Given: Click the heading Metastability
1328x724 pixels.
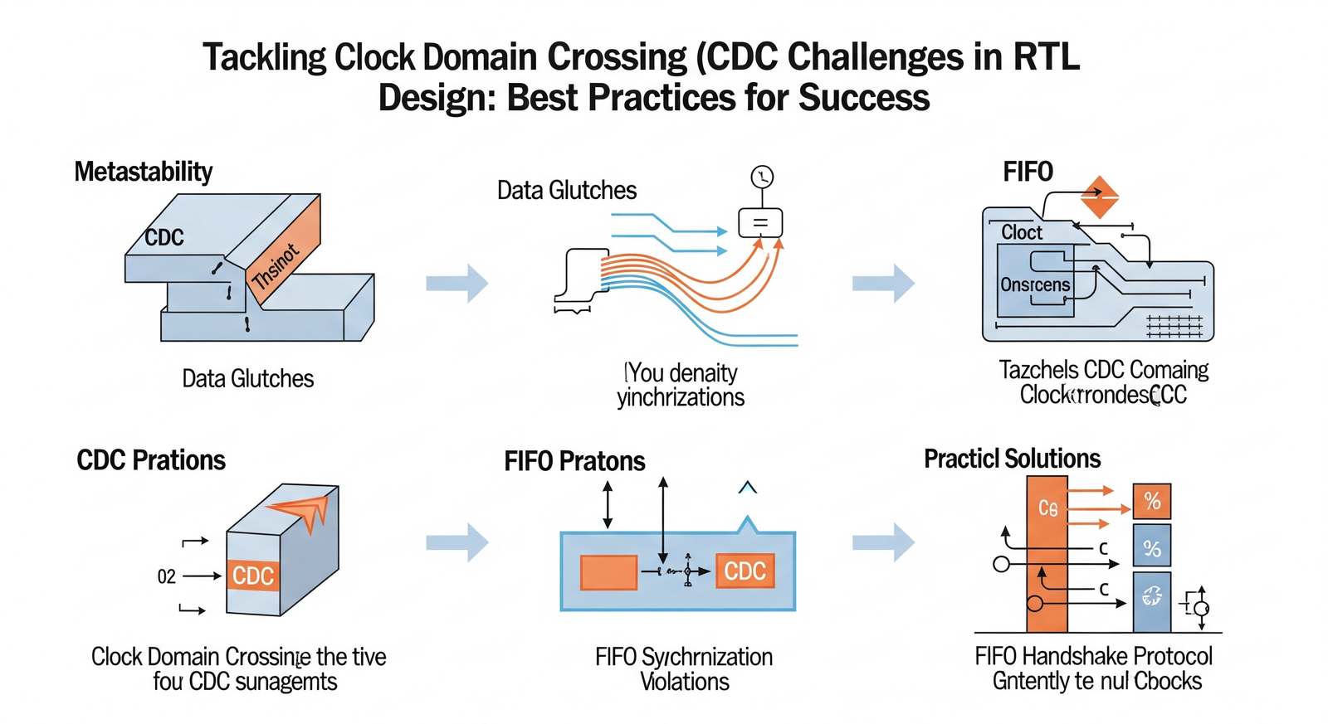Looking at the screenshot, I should [x=144, y=172].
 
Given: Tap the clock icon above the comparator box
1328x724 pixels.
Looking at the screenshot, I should [x=762, y=177].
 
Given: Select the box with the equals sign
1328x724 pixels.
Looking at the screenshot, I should [x=760, y=222].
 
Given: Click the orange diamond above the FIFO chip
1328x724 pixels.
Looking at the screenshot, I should [x=1100, y=197].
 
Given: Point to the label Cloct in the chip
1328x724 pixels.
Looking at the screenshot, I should [x=1022, y=233].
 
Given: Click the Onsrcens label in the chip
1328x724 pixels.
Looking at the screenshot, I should [x=1035, y=284].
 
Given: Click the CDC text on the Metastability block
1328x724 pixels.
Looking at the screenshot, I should [x=164, y=238].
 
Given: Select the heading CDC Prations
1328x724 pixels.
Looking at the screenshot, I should [x=151, y=460].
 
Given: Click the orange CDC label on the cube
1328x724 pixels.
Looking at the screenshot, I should [x=252, y=576].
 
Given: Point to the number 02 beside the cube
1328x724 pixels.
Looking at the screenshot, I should [x=167, y=576].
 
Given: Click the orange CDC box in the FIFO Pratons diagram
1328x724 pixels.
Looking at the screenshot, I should [x=745, y=571].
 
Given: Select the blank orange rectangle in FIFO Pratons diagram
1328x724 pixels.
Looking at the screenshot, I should [x=608, y=572].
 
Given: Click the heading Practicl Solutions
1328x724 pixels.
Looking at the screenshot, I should [x=1012, y=459].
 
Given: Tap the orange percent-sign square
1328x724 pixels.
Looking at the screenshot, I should [x=1152, y=501].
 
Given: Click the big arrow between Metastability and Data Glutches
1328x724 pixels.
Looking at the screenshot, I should [x=457, y=283].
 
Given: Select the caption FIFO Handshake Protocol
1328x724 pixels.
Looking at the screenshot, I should [x=1093, y=657].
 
